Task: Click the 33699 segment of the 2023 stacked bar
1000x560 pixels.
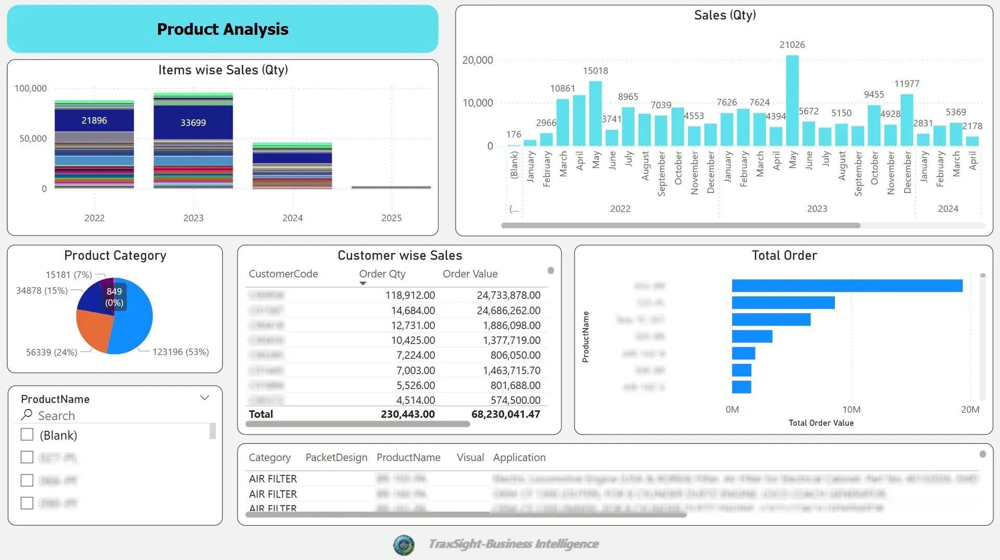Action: (x=193, y=123)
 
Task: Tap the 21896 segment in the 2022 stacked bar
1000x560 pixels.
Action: (x=94, y=121)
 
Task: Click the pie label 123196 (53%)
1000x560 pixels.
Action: (x=180, y=352)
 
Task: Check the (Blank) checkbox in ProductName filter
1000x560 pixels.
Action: (x=27, y=435)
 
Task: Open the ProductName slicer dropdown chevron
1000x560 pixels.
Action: (x=205, y=398)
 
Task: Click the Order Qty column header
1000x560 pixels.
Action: (x=382, y=274)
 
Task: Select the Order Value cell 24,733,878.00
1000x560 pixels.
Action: (x=508, y=295)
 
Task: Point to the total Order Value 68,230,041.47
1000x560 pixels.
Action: (x=505, y=414)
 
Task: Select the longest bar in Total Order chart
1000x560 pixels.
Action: (x=847, y=286)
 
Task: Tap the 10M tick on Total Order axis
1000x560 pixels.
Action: (x=851, y=410)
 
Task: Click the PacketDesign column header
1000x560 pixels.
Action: (x=336, y=457)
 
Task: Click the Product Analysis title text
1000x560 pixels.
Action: (x=222, y=29)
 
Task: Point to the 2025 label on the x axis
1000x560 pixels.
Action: (x=391, y=218)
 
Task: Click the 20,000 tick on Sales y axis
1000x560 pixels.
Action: (x=477, y=60)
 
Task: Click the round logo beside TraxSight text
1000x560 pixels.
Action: (x=404, y=545)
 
